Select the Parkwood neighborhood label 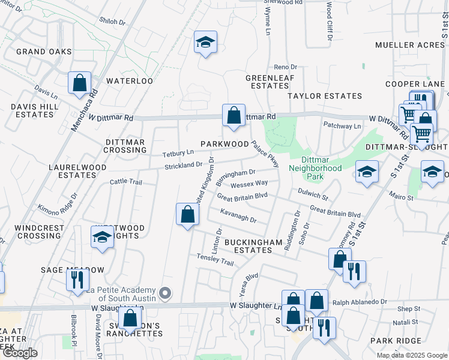pos(224,144)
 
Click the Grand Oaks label pos(44,52)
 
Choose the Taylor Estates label pos(325,96)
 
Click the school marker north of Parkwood pos(205,43)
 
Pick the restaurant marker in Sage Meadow pos(78,280)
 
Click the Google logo pos(20,353)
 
